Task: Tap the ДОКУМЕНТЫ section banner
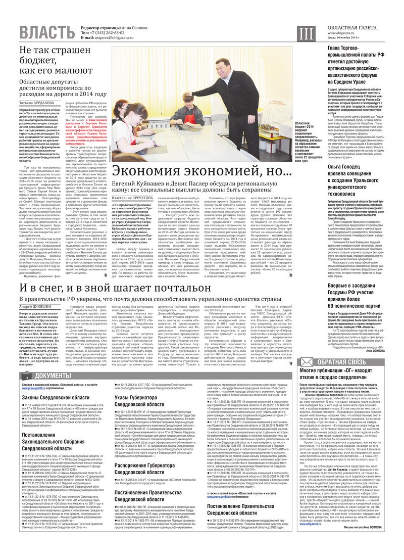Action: tap(50, 375)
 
